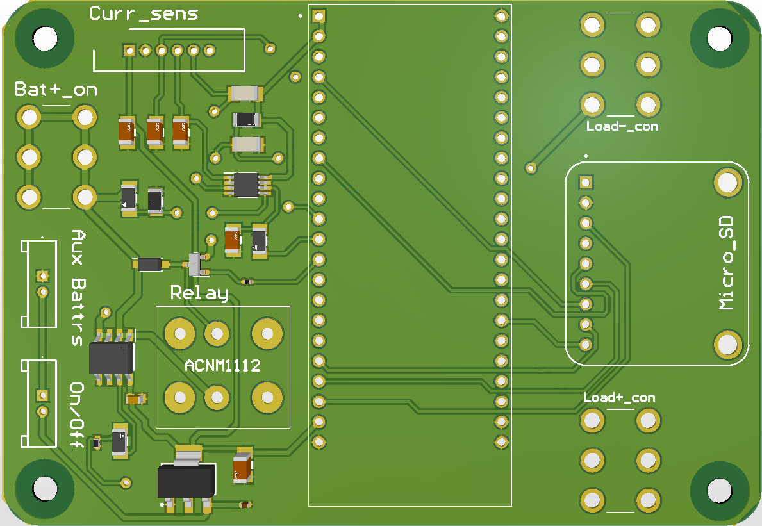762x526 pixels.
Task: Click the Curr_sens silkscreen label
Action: (x=144, y=13)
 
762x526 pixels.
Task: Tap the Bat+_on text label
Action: (x=56, y=89)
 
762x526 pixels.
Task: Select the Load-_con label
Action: (x=622, y=126)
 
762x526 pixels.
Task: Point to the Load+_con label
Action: (x=619, y=398)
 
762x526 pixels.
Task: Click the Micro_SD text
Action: (x=727, y=263)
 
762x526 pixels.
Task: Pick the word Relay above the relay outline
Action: (x=199, y=293)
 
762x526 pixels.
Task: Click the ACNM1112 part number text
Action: (x=222, y=365)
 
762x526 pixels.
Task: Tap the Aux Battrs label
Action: (x=78, y=288)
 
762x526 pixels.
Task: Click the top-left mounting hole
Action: (x=46, y=38)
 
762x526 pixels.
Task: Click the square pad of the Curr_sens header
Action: (x=129, y=50)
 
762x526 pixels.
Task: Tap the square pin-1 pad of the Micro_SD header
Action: (x=586, y=182)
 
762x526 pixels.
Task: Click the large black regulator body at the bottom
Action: (x=186, y=481)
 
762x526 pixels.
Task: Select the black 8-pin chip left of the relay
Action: (x=112, y=358)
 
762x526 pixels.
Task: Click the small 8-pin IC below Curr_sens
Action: (x=246, y=185)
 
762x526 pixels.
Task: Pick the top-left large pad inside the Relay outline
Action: (x=180, y=334)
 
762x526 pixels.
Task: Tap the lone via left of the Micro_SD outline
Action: (x=531, y=168)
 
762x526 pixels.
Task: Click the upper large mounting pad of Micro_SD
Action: (x=727, y=183)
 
